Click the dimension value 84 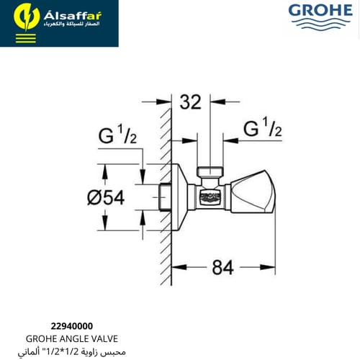coord(223,267)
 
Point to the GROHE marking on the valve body coord(209,195)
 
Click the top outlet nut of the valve coord(209,174)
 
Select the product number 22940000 coord(71,326)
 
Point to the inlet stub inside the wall coord(163,195)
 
